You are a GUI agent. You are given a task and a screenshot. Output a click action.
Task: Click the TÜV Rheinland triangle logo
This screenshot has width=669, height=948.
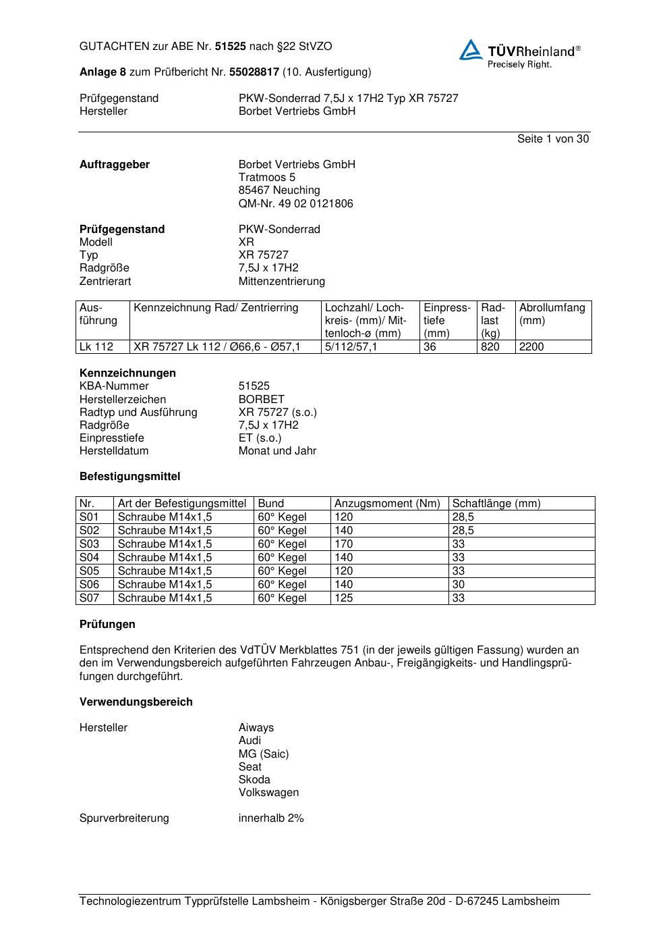point(471,50)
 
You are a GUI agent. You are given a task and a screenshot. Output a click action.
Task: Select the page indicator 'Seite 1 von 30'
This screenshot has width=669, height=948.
point(552,138)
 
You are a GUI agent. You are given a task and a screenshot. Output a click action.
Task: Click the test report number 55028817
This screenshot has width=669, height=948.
point(254,72)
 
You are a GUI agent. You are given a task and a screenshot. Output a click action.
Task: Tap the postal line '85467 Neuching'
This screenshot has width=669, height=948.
point(279,190)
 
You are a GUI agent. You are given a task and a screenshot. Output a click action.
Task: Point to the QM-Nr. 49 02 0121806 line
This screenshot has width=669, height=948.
point(295,203)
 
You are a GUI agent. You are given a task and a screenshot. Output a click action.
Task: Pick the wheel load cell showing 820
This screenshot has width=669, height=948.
point(490,347)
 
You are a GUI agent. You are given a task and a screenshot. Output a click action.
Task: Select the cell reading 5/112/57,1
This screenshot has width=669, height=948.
point(351,347)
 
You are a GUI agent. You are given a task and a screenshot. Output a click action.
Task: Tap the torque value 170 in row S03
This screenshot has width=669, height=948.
point(344,544)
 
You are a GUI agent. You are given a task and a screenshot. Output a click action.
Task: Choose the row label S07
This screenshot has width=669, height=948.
point(89,598)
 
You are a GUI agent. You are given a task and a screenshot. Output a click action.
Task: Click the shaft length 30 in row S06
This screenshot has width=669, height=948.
point(459,585)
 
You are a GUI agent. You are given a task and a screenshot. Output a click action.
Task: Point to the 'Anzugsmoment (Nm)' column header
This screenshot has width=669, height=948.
point(387,504)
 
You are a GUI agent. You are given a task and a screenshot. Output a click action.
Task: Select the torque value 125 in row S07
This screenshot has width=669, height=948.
point(344,598)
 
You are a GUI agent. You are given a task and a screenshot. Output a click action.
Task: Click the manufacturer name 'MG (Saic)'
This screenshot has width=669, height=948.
point(263,754)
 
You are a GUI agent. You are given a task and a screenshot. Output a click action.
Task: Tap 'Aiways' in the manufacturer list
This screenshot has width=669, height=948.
point(256,727)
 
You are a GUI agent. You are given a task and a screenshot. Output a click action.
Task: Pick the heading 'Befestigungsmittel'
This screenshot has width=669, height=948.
point(129,476)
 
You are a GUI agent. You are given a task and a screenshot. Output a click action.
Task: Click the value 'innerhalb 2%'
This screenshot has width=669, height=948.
point(271,818)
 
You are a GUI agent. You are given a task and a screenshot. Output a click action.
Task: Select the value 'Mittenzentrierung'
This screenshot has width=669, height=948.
point(281,281)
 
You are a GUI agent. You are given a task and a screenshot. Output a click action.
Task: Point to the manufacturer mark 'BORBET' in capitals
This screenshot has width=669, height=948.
point(261,399)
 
